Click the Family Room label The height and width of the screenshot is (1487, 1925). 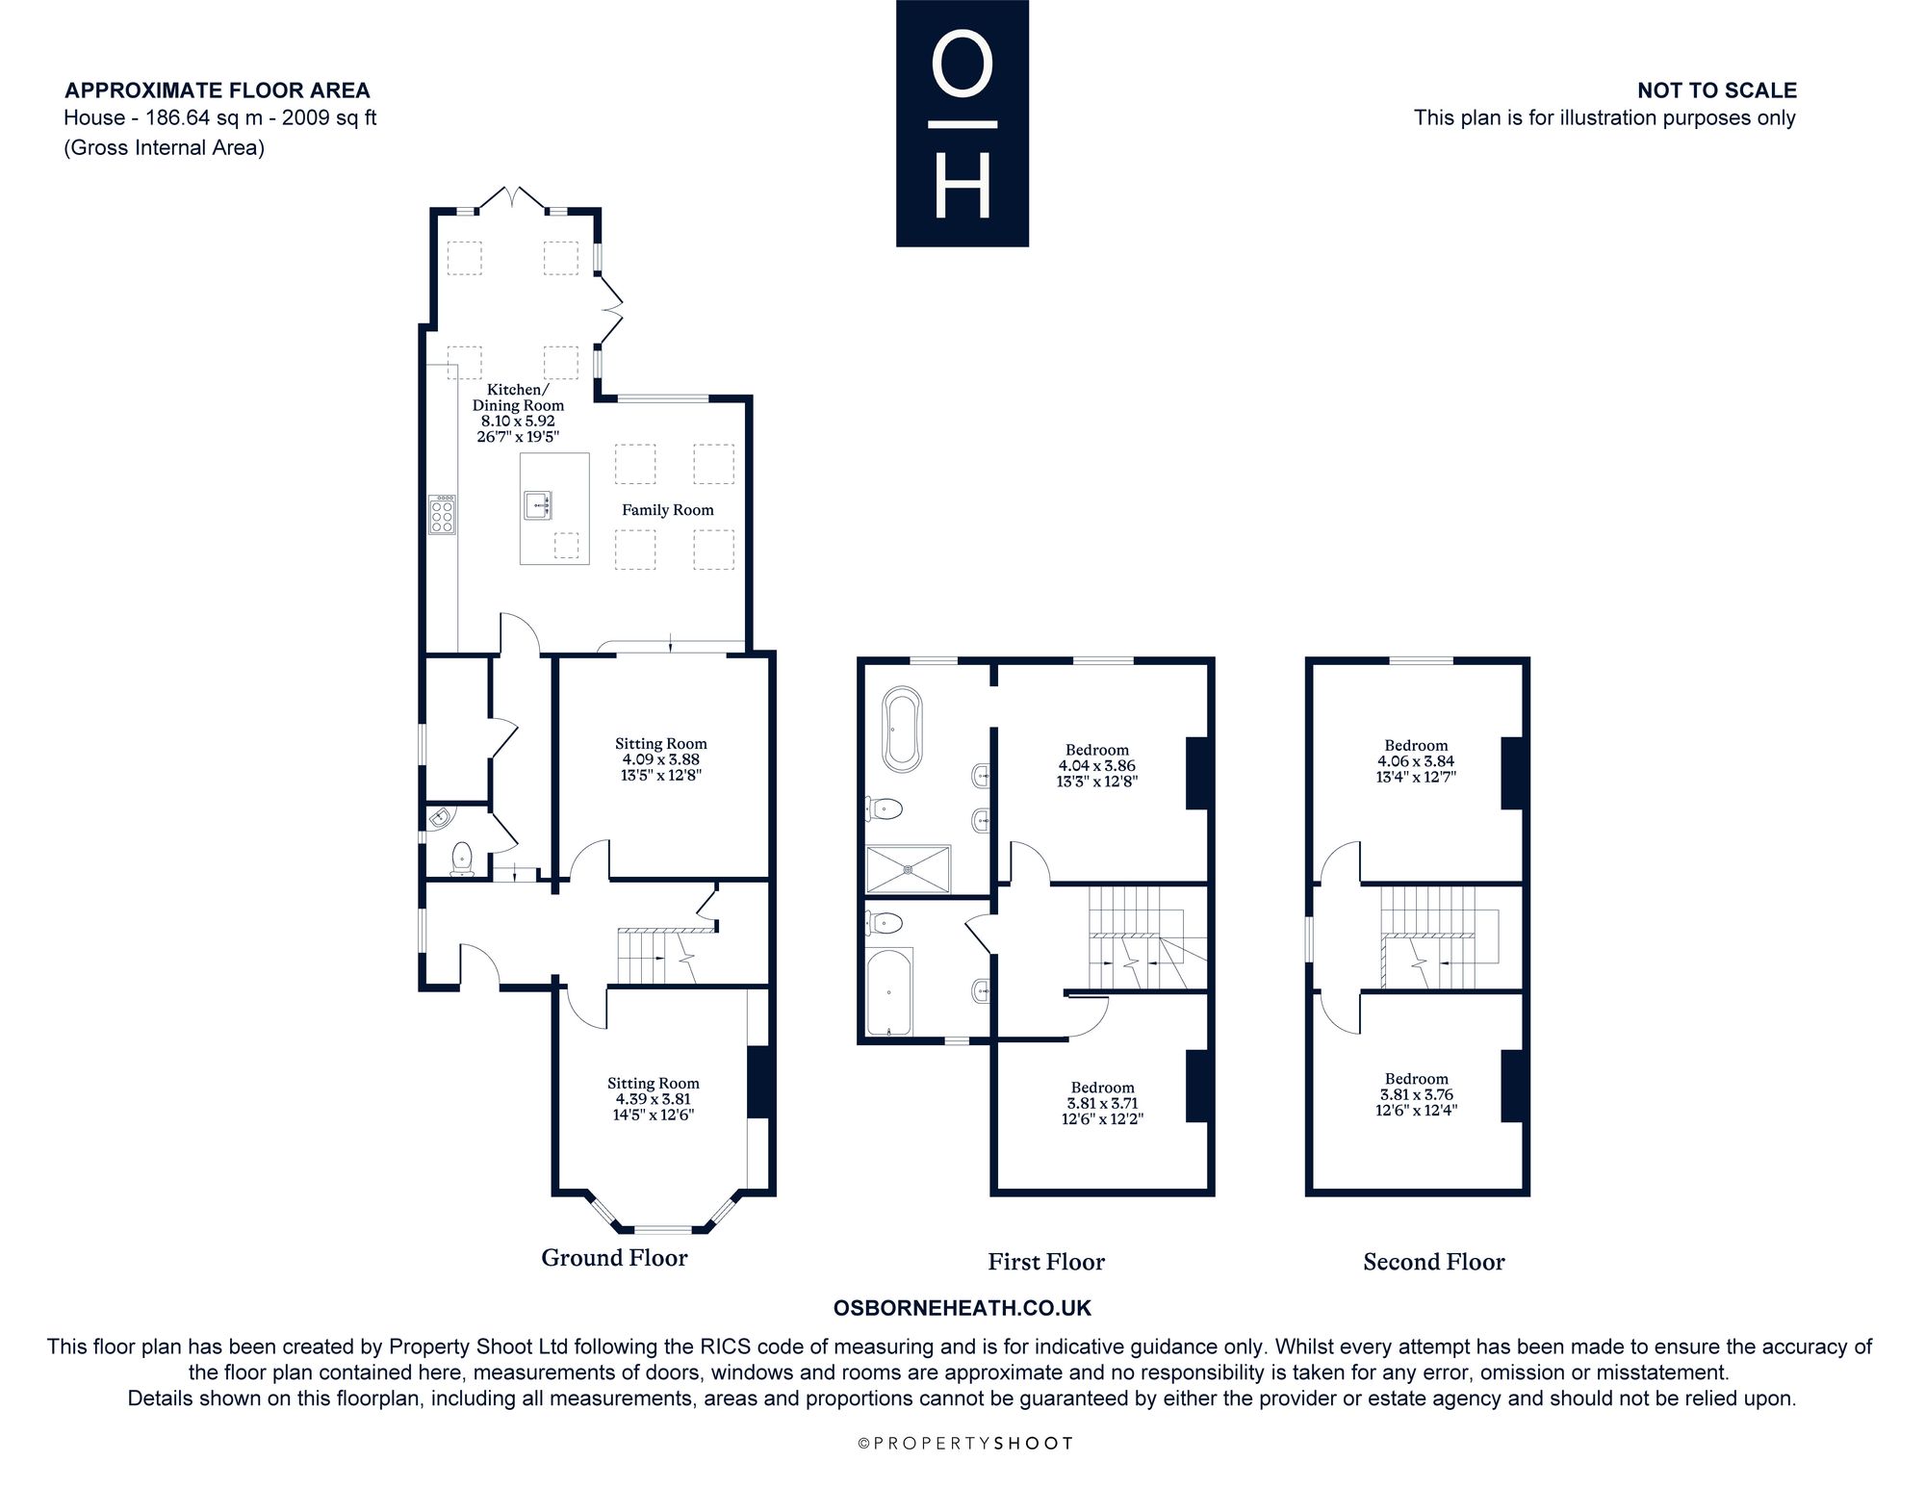coord(667,510)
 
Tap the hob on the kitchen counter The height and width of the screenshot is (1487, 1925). coord(442,514)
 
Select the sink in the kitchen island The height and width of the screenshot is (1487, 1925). coord(538,504)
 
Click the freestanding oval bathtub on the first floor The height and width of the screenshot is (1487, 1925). coord(902,729)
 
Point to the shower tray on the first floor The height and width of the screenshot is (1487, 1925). coord(909,869)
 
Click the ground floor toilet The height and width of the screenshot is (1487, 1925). coord(463,859)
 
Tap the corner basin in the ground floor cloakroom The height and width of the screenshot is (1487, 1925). coord(440,818)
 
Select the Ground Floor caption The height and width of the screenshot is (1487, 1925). coord(614,1258)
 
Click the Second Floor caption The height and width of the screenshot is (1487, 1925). coord(1433,1262)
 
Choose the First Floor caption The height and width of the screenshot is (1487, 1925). coord(1046,1262)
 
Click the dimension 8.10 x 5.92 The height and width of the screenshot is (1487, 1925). coord(518,421)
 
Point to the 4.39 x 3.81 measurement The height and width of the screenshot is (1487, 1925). coord(654,1099)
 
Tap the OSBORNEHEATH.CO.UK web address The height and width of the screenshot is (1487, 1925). coord(962,1308)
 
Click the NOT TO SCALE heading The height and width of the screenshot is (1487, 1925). coord(1717,90)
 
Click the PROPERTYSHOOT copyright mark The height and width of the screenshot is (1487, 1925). coord(964,1443)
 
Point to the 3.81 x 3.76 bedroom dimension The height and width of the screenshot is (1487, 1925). coord(1416,1094)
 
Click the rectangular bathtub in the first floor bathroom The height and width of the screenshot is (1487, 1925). coord(889,991)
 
